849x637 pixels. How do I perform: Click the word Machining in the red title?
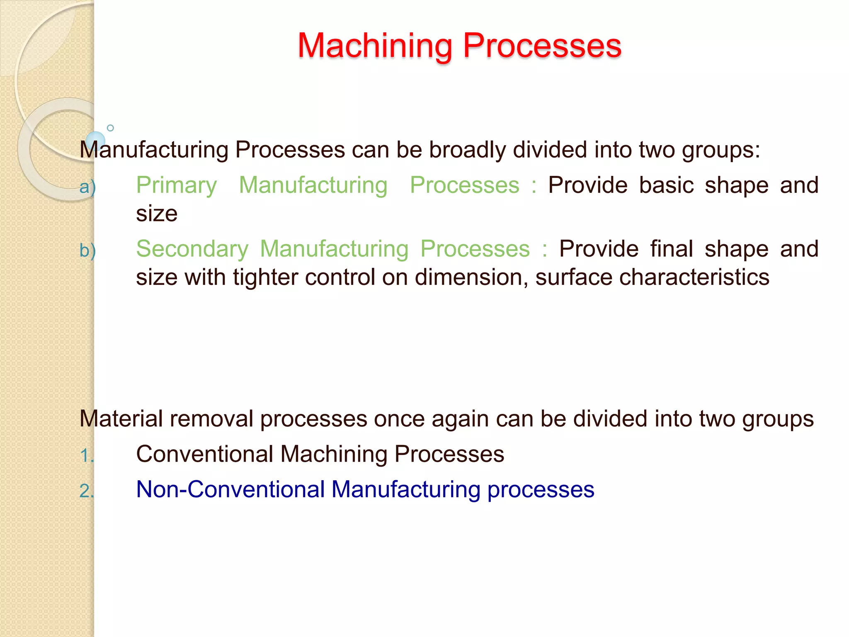point(375,46)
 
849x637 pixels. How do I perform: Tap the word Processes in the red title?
point(542,46)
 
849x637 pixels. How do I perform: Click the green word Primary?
point(176,185)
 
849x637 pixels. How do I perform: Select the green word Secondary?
point(192,249)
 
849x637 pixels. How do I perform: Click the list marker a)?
point(87,187)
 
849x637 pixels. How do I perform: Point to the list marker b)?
point(87,250)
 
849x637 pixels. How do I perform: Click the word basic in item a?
point(666,185)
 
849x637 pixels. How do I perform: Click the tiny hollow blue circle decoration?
point(110,128)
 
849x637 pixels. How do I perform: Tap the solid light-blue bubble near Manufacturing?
point(96,141)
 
